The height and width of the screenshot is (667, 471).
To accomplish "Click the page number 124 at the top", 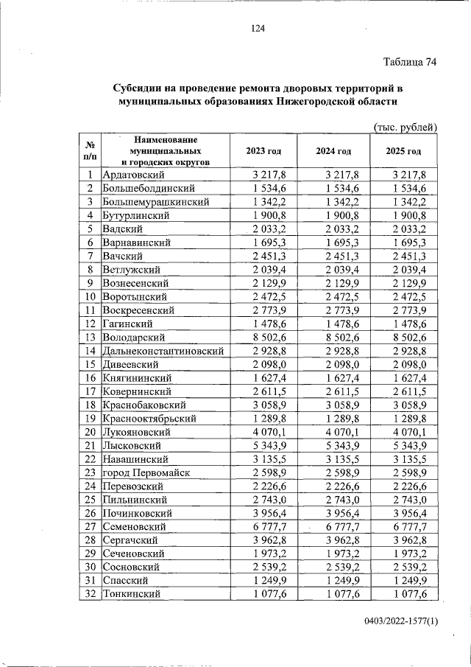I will point(257,29).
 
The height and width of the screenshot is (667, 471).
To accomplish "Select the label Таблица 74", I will point(411,62).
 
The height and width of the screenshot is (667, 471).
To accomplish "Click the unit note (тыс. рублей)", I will point(406,127).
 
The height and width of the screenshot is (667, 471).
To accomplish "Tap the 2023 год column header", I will point(264,151).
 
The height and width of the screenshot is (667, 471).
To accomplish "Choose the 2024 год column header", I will point(333,151).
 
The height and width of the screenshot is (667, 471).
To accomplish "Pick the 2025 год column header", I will point(403,151).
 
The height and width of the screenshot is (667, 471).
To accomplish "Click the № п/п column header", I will point(89,151).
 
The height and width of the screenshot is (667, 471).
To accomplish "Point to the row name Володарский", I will point(133,336).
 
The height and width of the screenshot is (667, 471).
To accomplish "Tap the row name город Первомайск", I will point(146,472).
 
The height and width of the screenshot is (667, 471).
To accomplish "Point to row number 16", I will point(89,377).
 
